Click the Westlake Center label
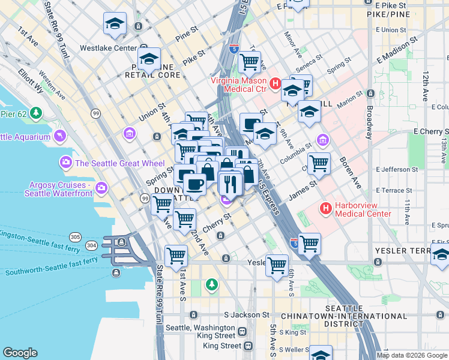click(x=109, y=47)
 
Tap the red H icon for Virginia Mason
click(x=275, y=84)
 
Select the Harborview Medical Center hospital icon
click(x=326, y=209)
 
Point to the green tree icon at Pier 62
click(x=37, y=112)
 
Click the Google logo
click(x=20, y=353)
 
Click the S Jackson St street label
click(x=247, y=314)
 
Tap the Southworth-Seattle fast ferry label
click(x=52, y=266)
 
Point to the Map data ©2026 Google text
click(x=412, y=355)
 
